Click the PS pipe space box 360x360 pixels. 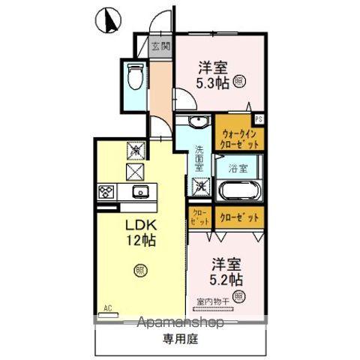[x=259, y=118]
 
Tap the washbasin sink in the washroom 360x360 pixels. [x=199, y=123]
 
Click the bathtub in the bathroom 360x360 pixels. [x=239, y=188]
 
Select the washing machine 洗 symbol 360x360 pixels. [x=201, y=184]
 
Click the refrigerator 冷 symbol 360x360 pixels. [x=136, y=151]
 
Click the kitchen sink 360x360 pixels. [x=139, y=192]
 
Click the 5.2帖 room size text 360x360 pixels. [x=225, y=279]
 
